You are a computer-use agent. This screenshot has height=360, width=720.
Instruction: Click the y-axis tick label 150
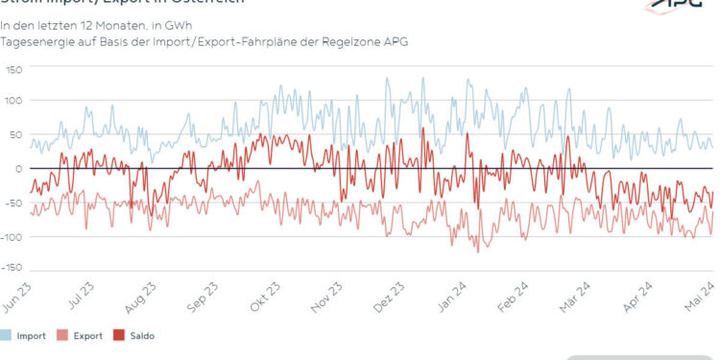point(13,70)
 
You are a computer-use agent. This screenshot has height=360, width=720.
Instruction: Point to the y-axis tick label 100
point(13,100)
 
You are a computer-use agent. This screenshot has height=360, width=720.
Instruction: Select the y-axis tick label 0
point(18,168)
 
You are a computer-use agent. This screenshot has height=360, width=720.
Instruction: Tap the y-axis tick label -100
point(12,236)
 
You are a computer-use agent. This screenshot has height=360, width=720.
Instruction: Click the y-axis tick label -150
point(12,267)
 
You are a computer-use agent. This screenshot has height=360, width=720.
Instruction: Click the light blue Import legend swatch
point(7,336)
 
